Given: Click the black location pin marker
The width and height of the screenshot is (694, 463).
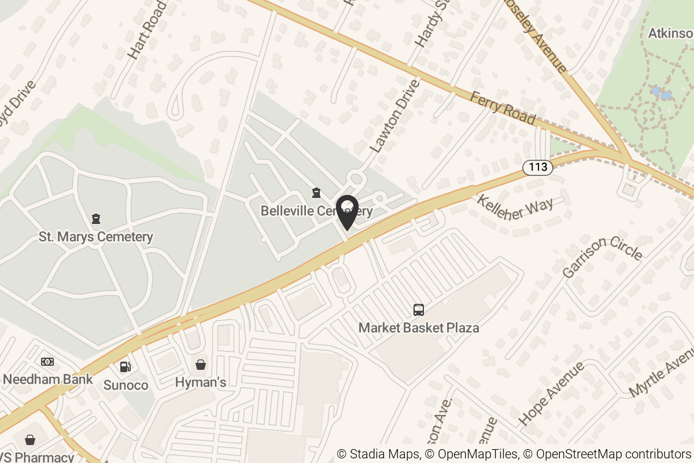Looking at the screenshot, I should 347,212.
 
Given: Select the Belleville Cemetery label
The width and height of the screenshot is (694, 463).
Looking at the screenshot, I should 316,211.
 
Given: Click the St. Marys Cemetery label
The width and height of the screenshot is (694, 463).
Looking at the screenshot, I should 96,237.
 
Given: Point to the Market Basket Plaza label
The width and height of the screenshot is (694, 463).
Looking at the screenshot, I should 419,328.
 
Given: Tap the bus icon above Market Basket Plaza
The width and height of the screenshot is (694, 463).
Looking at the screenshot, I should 419,310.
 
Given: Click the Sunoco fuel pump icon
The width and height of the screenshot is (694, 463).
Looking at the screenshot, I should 125,366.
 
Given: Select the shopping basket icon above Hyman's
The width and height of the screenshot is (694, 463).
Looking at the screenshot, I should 200,365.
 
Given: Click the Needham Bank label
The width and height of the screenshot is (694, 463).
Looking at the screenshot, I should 47,380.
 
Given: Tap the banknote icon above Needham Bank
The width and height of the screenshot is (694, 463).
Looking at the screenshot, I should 47,362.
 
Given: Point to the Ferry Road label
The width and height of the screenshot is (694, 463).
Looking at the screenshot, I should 503,107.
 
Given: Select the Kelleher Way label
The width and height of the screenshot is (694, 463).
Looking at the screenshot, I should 515,208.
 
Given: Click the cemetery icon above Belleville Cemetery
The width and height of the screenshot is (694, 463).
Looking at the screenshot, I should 316,192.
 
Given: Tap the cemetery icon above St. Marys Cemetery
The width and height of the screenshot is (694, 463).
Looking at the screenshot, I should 96,219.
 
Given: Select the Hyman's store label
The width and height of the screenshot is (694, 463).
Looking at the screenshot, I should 200,383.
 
